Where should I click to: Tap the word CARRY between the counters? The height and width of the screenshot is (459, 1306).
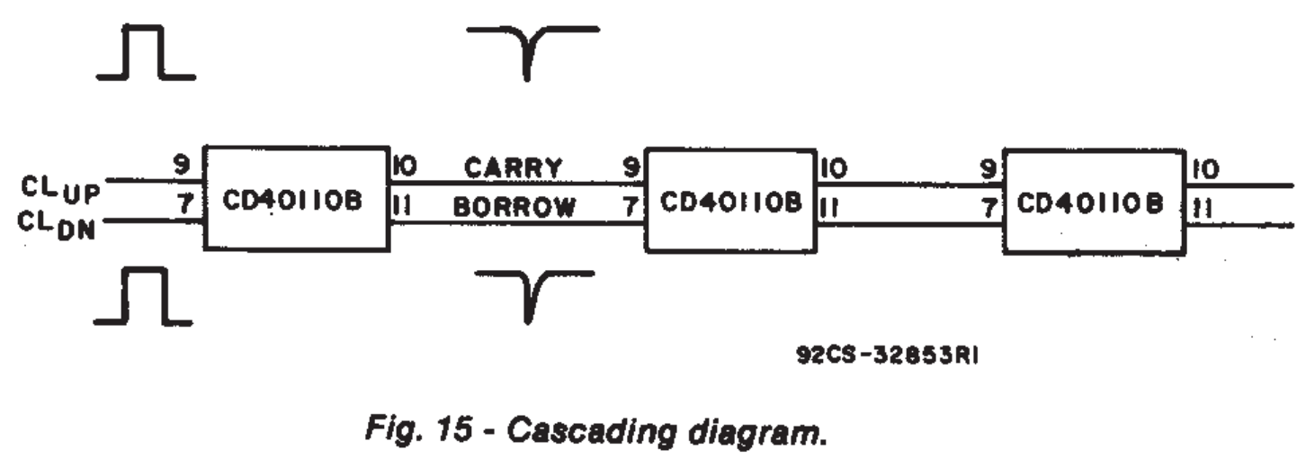tap(513, 167)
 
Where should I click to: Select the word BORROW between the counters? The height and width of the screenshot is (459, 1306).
tap(514, 208)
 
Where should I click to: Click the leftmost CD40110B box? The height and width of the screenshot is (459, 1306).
tap(294, 198)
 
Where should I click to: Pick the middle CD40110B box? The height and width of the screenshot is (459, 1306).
tap(730, 201)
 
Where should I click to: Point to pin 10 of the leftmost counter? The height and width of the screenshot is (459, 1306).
tap(403, 166)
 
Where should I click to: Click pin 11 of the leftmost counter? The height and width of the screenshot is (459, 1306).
tap(401, 206)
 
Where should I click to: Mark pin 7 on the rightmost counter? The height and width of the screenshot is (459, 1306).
tap(988, 209)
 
